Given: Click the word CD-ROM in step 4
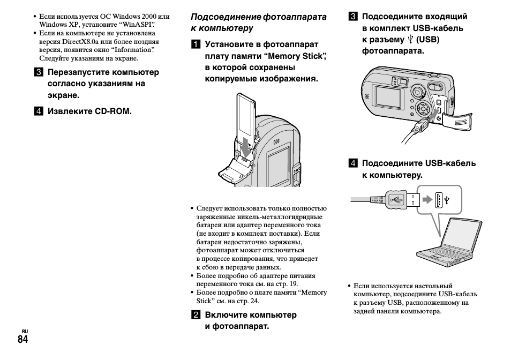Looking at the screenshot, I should tap(113, 111).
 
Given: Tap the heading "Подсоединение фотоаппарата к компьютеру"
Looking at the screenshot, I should tap(258, 22).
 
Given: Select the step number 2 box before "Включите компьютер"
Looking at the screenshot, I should tap(196, 314).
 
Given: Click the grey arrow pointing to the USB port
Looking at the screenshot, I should tap(426, 200).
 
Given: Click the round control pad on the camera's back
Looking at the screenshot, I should tap(424, 109).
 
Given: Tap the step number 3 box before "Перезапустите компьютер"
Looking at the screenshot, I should tap(39, 72).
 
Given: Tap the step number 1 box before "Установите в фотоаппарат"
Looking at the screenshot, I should tap(196, 44).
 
